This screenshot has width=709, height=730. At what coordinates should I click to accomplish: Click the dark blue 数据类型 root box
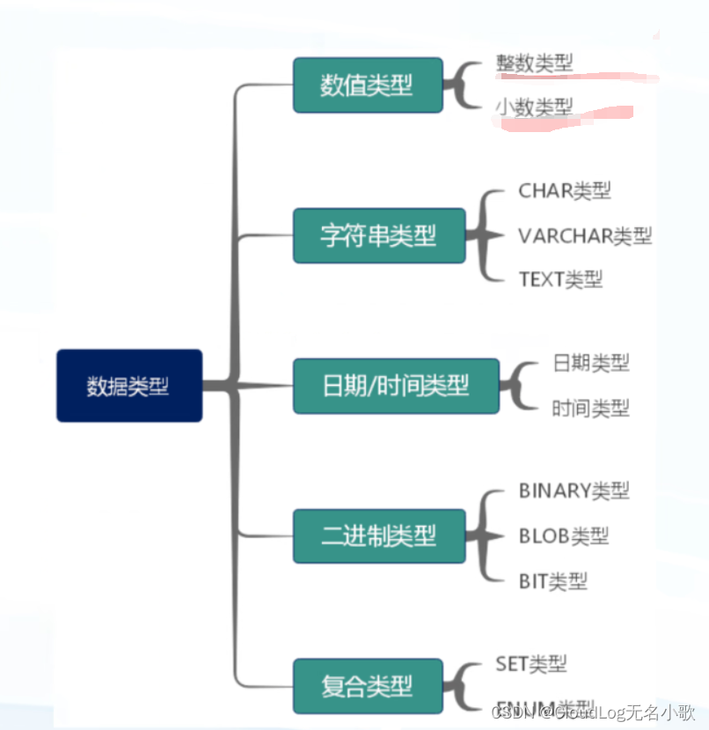(x=129, y=386)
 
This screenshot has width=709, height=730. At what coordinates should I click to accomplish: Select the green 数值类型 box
(x=368, y=85)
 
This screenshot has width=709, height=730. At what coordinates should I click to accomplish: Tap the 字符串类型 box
(x=378, y=235)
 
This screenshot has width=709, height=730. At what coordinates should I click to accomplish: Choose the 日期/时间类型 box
(x=396, y=386)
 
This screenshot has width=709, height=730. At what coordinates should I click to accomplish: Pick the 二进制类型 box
(x=378, y=535)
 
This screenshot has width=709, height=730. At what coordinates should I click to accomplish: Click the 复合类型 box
(x=368, y=685)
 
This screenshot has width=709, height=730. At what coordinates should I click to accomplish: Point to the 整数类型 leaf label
(x=534, y=63)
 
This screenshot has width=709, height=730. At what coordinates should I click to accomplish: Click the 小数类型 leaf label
(x=534, y=107)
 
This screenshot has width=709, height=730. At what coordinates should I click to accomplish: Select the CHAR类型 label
(x=565, y=190)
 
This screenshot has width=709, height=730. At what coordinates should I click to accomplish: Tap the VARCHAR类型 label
(x=585, y=235)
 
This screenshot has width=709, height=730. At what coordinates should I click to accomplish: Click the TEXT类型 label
(x=560, y=280)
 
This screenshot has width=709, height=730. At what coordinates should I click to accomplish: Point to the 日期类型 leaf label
(x=591, y=362)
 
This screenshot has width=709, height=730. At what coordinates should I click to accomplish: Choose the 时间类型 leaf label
(x=591, y=408)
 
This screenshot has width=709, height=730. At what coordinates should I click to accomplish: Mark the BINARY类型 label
(x=574, y=490)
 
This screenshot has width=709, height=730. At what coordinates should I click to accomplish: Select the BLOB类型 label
(x=563, y=535)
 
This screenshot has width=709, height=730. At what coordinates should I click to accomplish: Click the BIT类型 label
(x=552, y=581)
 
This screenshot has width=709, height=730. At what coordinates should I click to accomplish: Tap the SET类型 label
(x=531, y=663)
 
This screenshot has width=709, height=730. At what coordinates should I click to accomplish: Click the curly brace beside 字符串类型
(x=482, y=235)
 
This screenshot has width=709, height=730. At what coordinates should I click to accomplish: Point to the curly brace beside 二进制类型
(x=482, y=535)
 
